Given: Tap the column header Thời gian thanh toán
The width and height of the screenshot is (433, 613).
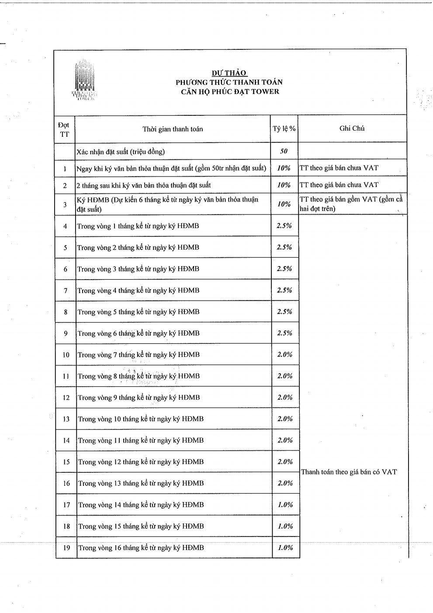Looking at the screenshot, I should point(173,129).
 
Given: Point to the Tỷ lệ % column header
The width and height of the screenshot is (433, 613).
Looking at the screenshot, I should point(284,128).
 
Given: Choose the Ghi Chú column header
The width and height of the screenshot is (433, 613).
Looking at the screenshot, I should point(352,128).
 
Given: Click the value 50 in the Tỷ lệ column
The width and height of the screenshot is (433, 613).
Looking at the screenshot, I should point(284,151).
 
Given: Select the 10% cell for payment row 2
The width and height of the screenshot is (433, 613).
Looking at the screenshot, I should point(284,185).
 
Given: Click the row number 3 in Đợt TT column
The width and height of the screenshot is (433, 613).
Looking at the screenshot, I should point(65,204).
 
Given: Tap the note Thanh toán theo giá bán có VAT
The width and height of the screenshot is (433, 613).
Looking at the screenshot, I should point(349,472).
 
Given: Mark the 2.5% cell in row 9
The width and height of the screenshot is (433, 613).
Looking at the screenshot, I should point(284,333).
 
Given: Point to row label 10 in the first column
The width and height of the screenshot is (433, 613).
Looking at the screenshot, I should point(66,355).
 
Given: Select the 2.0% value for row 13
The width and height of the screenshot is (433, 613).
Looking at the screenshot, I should point(285,419).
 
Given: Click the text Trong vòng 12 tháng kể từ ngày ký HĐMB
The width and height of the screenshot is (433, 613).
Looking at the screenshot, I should point(141,462).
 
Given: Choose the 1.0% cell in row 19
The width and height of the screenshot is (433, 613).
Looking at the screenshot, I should point(285,547).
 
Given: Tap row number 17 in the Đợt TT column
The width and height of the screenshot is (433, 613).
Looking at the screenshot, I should point(66,505).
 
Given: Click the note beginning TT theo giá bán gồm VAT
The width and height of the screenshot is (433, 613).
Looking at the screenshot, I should point(351,204).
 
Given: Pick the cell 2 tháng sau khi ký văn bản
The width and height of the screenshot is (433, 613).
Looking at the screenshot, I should point(144,185).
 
